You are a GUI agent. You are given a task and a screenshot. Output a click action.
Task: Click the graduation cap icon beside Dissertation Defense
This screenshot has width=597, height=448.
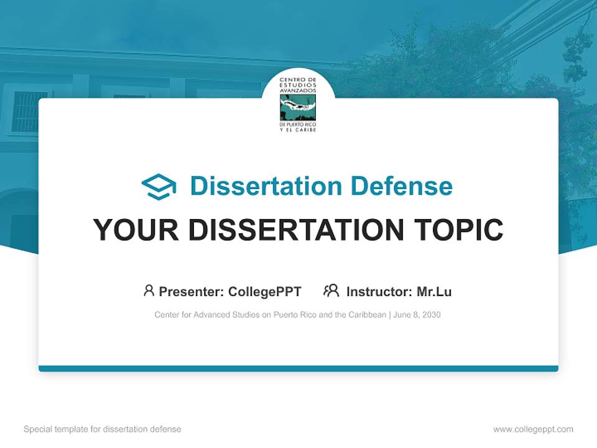tap(159, 187)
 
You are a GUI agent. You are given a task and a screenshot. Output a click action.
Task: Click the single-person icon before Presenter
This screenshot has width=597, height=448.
tap(149, 291)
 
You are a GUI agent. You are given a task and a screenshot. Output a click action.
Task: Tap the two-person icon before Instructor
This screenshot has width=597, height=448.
tap(331, 291)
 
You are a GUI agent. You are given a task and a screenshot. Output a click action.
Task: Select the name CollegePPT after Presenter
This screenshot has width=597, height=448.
tap(265, 292)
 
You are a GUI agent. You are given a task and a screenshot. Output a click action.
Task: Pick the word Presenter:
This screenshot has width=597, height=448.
tap(192, 292)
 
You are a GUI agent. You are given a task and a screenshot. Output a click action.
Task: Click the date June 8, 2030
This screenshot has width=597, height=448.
tap(417, 315)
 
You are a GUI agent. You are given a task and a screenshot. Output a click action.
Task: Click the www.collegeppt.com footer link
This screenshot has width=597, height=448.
tap(533, 429)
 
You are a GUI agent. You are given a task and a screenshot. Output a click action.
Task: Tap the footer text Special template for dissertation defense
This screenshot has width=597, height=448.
tap(103, 429)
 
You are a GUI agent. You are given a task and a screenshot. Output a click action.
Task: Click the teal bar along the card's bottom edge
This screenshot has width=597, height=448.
tap(298, 368)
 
